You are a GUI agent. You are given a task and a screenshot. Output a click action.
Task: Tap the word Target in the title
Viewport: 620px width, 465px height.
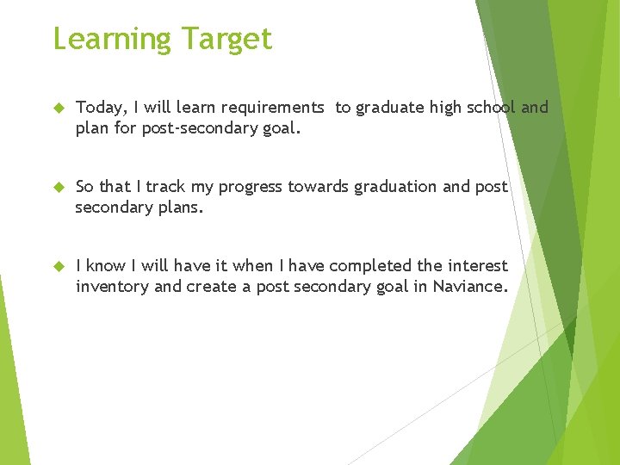coord(226,40)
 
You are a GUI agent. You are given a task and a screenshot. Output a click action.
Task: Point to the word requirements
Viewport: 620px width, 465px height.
coord(272,108)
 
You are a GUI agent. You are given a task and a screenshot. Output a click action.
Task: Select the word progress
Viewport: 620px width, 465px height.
coord(251,187)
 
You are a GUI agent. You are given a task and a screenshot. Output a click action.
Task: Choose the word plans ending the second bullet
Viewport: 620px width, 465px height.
coord(179,207)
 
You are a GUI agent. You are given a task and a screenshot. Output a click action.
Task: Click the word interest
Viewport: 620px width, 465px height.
coord(478,266)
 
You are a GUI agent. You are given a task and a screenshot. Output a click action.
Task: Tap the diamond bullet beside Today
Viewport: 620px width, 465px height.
coord(59,108)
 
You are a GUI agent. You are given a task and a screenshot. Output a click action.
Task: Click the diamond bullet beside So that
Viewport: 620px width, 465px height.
coord(59,188)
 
